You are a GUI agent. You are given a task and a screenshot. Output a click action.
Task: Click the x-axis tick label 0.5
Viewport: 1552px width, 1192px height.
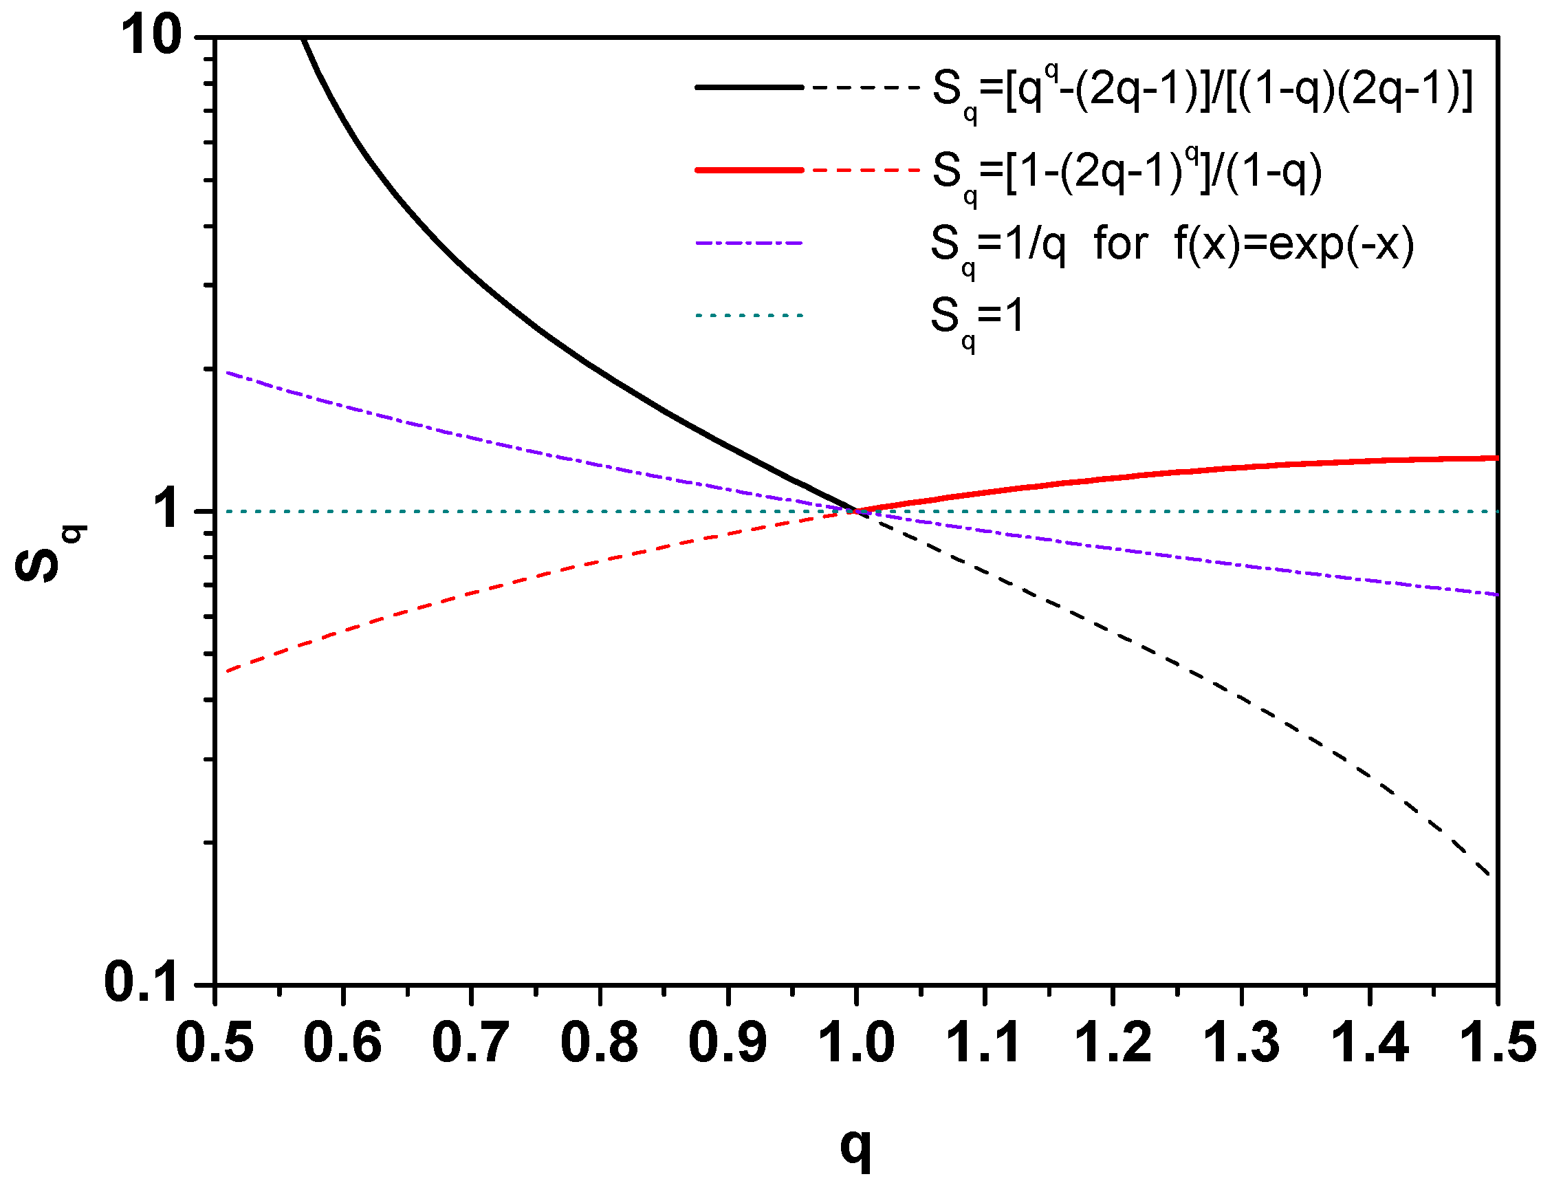(215, 1042)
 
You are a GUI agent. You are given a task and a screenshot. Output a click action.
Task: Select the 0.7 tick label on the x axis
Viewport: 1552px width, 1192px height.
(470, 1042)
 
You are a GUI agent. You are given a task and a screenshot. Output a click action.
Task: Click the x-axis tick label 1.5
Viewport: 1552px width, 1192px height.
(1498, 1042)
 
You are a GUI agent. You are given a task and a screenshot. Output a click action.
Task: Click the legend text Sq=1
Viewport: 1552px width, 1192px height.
(977, 317)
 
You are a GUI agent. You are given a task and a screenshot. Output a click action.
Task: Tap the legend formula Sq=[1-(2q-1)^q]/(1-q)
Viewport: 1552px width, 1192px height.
(1126, 173)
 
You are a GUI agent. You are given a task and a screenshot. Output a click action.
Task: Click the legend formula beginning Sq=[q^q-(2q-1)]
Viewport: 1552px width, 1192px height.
(1201, 92)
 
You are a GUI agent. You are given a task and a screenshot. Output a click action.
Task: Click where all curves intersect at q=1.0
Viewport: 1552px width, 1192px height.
(856, 511)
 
